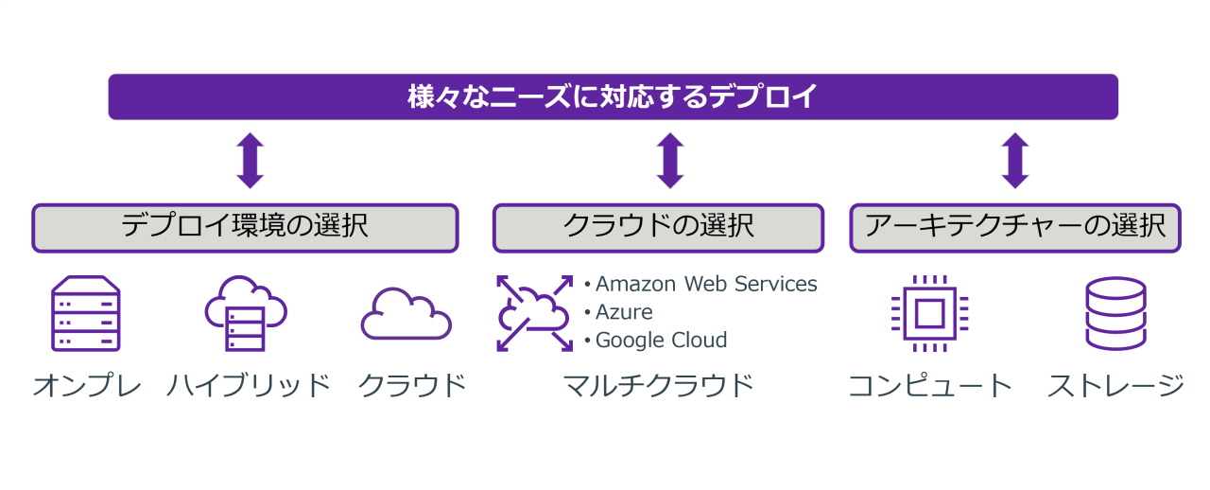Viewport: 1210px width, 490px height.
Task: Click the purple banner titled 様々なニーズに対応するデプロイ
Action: tap(613, 96)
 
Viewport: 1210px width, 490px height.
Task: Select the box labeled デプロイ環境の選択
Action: tap(245, 228)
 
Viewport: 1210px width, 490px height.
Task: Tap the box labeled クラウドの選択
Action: tap(658, 228)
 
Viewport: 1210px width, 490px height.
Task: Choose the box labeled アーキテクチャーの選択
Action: tap(1014, 228)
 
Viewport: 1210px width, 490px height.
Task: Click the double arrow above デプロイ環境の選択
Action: tap(250, 161)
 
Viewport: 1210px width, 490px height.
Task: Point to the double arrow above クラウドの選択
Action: tap(669, 161)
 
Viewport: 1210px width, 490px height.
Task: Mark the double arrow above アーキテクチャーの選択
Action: tap(1015, 161)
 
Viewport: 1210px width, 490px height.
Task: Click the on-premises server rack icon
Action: tap(85, 313)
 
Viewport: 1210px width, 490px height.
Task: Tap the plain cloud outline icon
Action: tap(406, 314)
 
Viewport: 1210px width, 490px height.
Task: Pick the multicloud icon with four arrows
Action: tap(535, 313)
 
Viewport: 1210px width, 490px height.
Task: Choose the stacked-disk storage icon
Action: tap(1115, 313)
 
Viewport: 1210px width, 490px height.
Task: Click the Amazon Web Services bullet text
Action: tap(705, 284)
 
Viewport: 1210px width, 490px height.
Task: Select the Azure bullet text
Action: tap(623, 312)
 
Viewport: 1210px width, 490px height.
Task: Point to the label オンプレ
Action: tap(87, 386)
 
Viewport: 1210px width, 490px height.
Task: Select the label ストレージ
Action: tap(1115, 386)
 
